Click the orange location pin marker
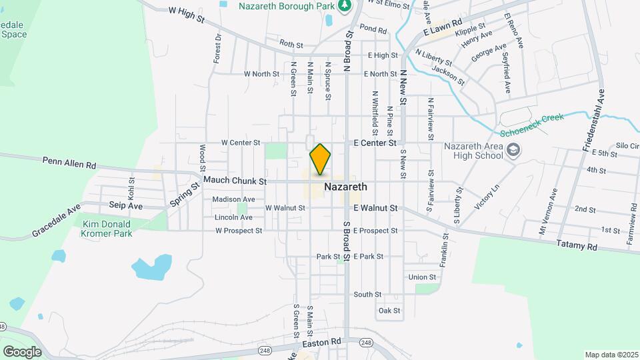pos(320,159)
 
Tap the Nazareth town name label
pos(345,187)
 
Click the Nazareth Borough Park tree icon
pos(344,7)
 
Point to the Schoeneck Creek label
pos(531,125)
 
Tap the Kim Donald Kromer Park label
pos(107,229)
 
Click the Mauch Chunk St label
pos(235,181)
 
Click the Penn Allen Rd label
pos(69,162)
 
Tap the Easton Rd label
pos(321,341)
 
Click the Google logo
pos(22,351)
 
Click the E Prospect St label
pos(375,231)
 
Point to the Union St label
pos(422,277)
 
